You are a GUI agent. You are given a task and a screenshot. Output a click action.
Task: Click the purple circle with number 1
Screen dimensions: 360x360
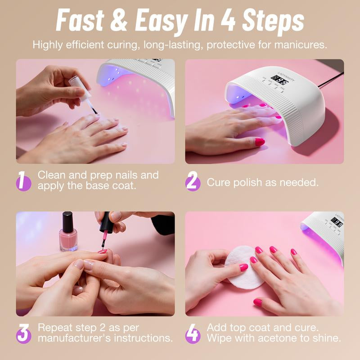23,181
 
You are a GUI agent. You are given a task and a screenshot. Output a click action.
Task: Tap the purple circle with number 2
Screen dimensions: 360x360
193,182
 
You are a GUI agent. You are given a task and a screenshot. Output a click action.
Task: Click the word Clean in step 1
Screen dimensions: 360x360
53,175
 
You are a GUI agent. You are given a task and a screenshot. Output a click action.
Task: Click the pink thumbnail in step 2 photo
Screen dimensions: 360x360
260,142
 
